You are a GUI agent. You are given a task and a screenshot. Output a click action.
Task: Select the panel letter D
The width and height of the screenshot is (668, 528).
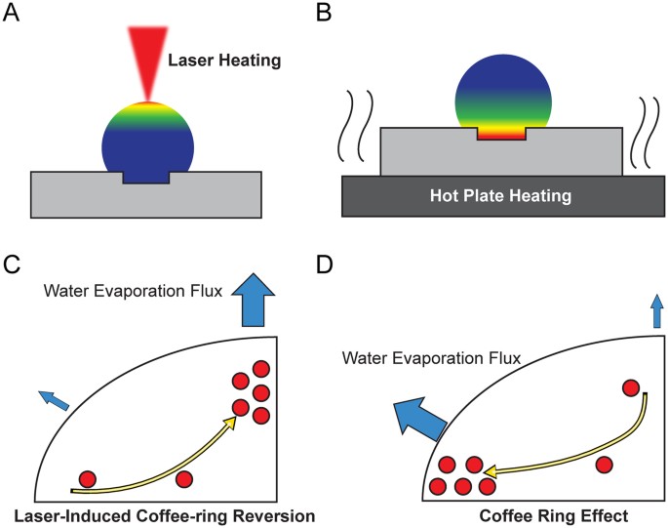[x=354, y=264]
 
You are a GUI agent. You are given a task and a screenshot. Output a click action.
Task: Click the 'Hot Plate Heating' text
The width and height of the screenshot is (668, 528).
[x=499, y=196]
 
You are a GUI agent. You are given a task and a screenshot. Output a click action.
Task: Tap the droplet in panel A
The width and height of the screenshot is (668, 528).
[x=147, y=142]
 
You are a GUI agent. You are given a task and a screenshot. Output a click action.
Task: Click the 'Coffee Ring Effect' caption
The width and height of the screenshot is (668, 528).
[x=548, y=512]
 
